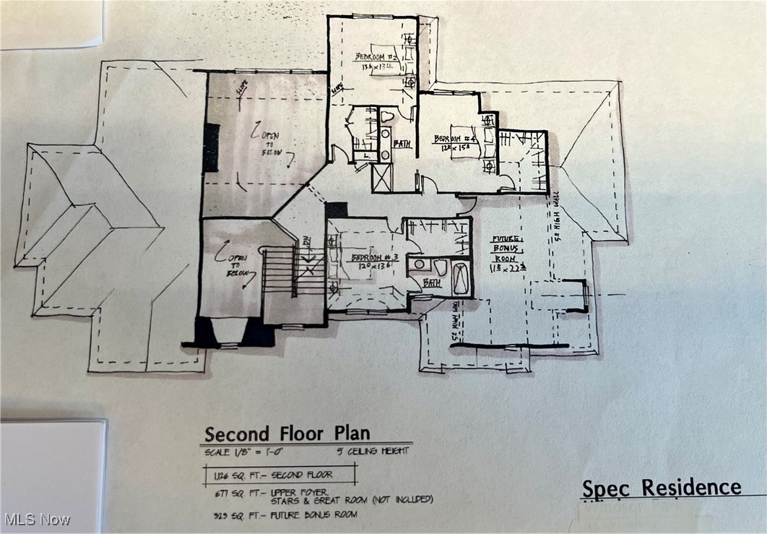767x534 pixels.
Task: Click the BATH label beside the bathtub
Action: point(433,283)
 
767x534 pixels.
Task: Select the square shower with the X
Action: point(382,177)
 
